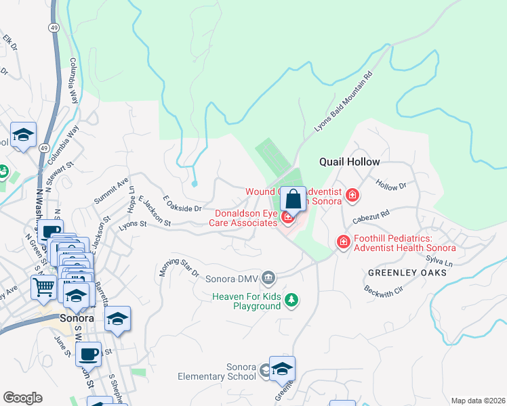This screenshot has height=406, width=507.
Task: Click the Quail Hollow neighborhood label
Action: [349, 162]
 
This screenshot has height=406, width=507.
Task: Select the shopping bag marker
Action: [293, 200]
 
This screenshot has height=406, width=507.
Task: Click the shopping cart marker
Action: [44, 288]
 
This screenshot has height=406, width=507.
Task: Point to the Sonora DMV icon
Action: [268, 277]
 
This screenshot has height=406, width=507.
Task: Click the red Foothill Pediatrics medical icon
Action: [344, 241]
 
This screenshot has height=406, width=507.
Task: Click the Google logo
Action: [22, 398]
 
